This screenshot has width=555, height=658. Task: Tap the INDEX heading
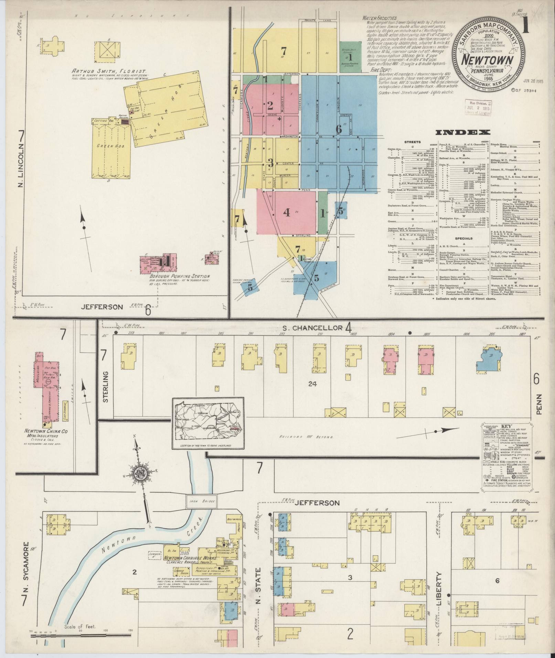coord(463,132)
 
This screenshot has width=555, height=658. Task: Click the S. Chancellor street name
coord(308,327)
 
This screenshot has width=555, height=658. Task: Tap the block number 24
coord(312,384)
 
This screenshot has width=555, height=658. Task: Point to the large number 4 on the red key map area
coord(286,213)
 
